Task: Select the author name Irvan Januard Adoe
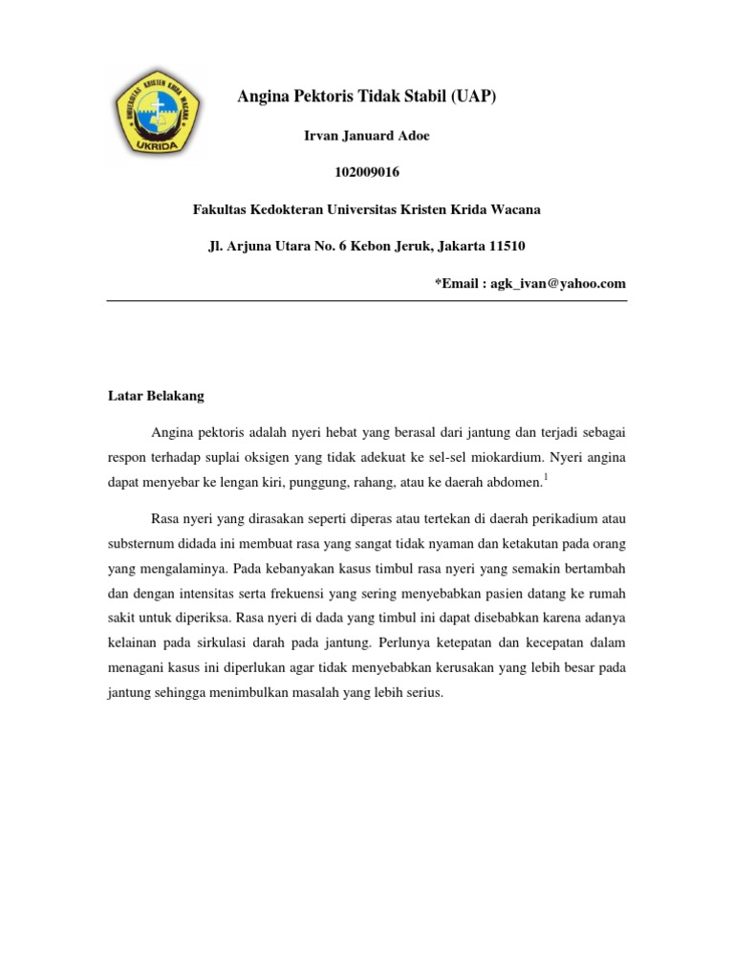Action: pyautogui.click(x=366, y=136)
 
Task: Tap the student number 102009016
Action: pyautogui.click(x=367, y=173)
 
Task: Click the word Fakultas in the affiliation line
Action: pyautogui.click(x=222, y=209)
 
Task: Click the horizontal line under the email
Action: pyautogui.click(x=366, y=301)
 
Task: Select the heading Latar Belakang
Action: pyautogui.click(x=156, y=395)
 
